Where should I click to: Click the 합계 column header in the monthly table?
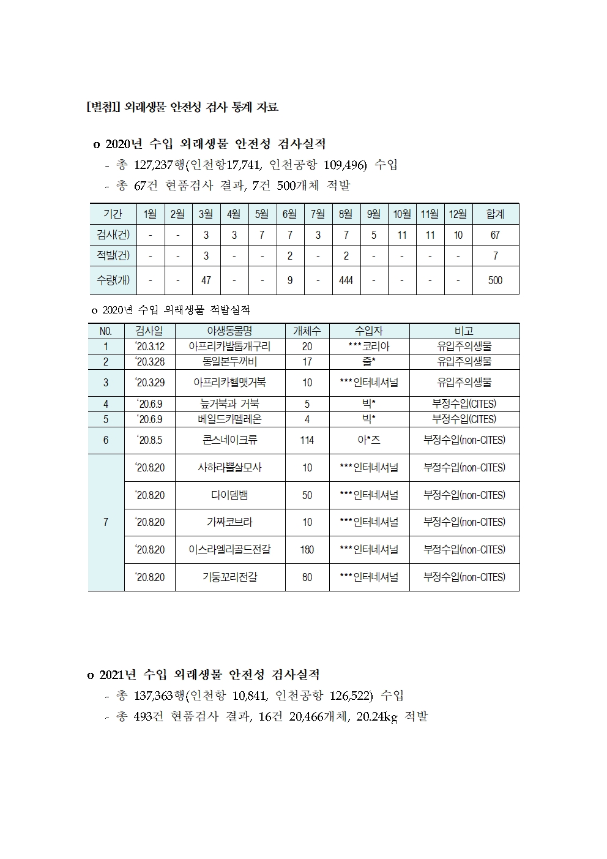(495, 214)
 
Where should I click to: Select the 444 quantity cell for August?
(346, 280)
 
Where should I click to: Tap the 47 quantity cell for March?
(206, 280)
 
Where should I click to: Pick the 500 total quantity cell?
(495, 280)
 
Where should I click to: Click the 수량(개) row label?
(113, 280)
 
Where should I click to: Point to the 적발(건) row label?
(113, 255)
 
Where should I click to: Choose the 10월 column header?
(401, 214)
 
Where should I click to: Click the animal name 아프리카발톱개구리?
(229, 347)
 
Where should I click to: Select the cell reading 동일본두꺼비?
(229, 362)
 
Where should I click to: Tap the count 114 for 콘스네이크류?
(307, 440)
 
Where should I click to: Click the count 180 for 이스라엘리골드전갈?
(307, 550)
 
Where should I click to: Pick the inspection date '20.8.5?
(149, 440)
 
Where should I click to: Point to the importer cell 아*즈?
(369, 440)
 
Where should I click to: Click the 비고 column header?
(464, 331)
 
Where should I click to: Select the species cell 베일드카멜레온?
(229, 419)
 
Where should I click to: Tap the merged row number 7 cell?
(106, 522)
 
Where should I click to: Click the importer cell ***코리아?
(369, 347)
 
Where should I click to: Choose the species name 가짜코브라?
(229, 522)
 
